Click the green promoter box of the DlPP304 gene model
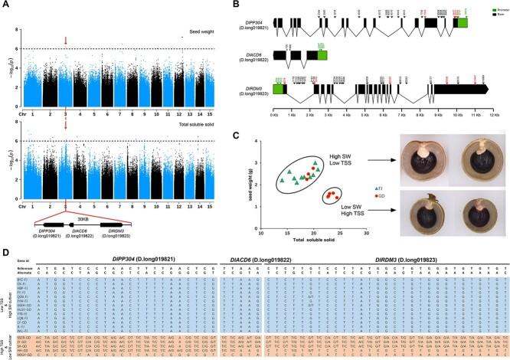coord(463,24)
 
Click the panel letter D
coord(5,246)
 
